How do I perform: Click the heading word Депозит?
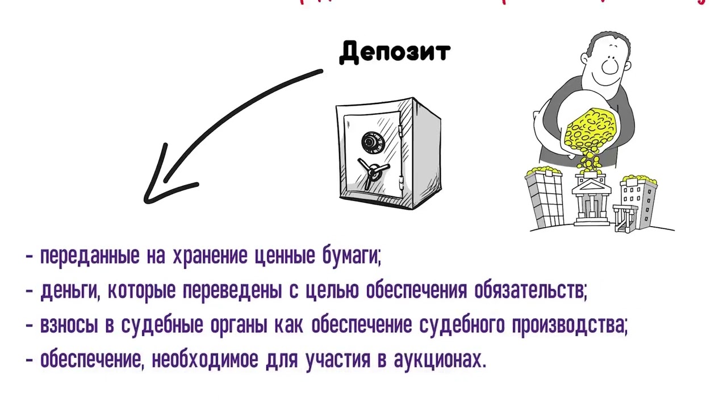click(394, 52)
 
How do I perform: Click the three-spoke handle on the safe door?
click(371, 170)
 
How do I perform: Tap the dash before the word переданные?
click(30, 257)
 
